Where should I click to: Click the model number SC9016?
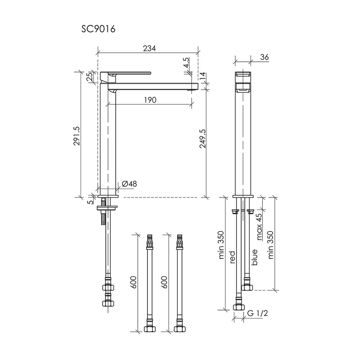click(98, 29)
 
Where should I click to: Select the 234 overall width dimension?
click(149, 48)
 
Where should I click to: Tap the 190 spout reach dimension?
click(150, 100)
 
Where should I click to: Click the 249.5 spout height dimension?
click(202, 139)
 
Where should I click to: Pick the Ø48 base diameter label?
click(130, 184)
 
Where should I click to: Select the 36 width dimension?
click(264, 57)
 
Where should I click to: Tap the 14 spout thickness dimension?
click(202, 76)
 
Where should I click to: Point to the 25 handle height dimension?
click(90, 76)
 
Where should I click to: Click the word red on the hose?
click(233, 257)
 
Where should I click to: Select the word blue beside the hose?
click(254, 257)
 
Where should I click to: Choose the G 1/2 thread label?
click(257, 313)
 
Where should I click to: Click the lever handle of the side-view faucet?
click(126, 73)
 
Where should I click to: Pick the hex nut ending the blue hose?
click(247, 287)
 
